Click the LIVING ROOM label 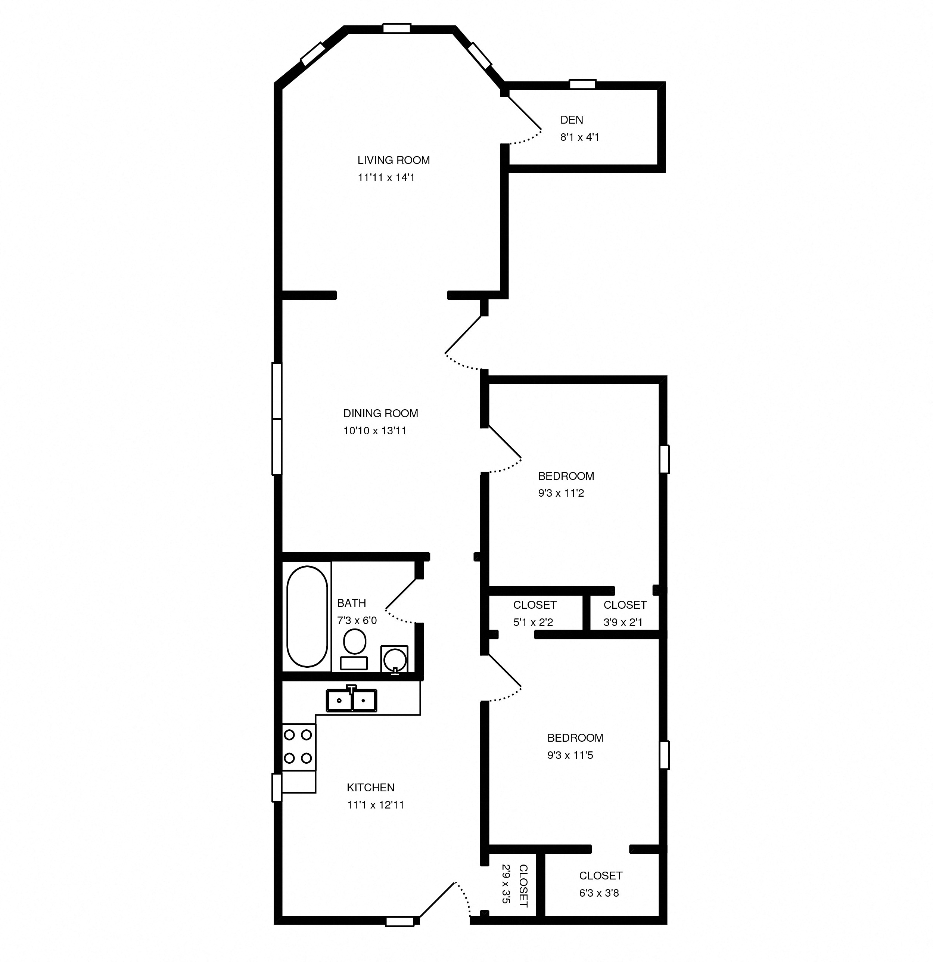393,160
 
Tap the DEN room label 571,120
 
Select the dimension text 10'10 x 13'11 374,431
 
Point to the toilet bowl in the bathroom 354,642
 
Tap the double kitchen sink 351,700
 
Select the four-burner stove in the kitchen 298,747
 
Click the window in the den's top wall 582,84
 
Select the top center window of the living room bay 396,28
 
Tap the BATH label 351,603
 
